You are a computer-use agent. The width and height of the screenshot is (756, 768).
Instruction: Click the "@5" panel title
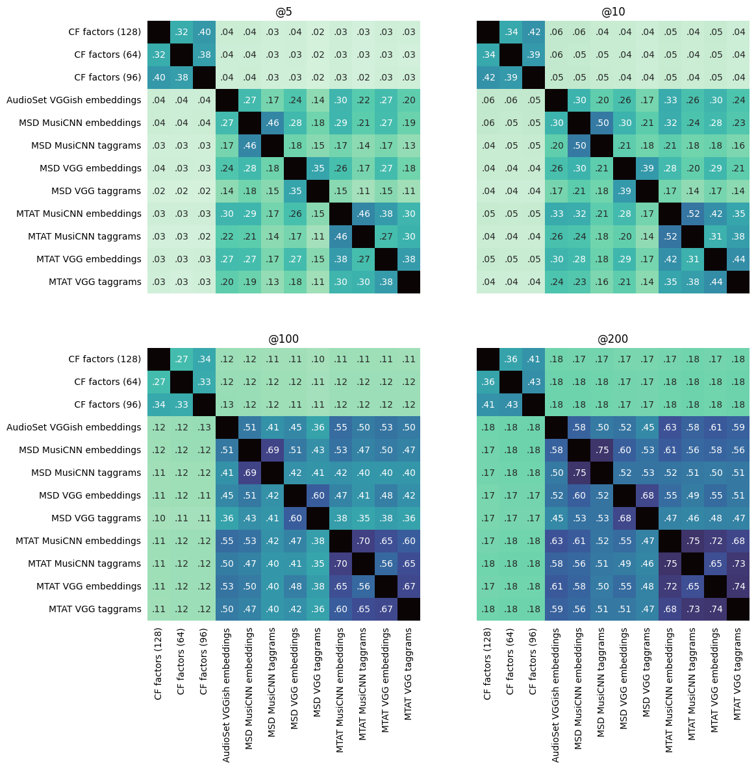click(283, 12)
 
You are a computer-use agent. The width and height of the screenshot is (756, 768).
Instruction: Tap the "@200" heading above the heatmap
click(612, 339)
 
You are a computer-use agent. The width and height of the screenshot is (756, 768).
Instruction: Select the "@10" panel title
click(612, 12)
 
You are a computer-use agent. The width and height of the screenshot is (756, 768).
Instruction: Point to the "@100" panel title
click(283, 339)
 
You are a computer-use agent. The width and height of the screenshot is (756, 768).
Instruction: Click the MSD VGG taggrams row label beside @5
click(95, 191)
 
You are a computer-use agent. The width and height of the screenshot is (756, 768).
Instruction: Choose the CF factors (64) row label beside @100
click(107, 382)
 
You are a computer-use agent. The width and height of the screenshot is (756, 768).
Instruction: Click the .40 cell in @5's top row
click(204, 32)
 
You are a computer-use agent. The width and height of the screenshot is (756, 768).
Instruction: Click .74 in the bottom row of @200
click(715, 609)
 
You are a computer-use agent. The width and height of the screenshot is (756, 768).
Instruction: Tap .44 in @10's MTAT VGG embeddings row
click(738, 259)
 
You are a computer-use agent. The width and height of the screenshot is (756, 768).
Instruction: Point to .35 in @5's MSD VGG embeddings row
click(318, 168)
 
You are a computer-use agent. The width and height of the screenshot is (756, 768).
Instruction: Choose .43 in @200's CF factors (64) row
click(533, 382)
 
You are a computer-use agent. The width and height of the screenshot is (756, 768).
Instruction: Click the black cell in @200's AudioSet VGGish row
click(556, 427)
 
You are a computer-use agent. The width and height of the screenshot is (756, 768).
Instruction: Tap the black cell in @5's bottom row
click(409, 282)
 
